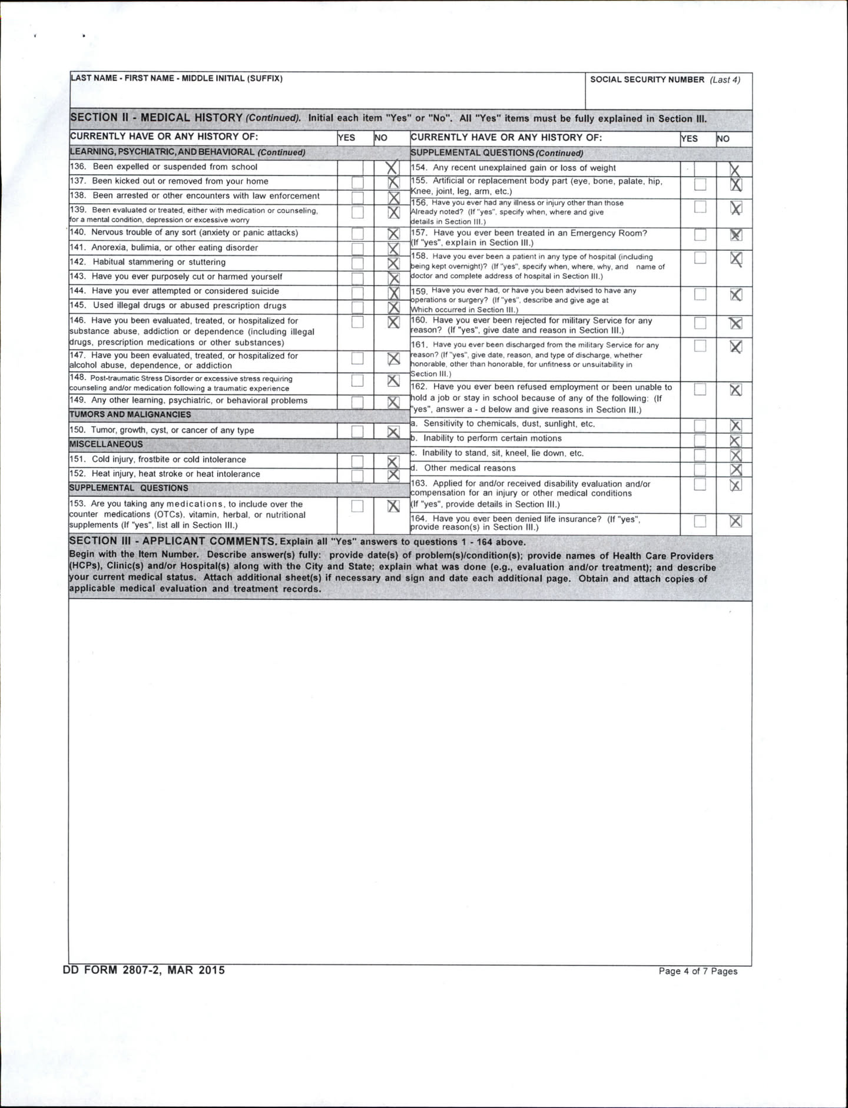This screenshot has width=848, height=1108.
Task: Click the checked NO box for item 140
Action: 393,234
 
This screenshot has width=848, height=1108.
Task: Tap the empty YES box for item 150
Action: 357,432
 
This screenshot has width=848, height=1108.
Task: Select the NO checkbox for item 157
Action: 736,235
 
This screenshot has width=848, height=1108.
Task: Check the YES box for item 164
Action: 700,521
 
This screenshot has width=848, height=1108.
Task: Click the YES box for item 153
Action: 357,506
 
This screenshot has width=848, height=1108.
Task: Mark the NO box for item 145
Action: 393,307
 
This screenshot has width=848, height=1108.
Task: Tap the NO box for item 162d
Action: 736,469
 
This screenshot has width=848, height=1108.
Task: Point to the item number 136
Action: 78,167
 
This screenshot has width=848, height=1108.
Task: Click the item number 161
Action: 419,345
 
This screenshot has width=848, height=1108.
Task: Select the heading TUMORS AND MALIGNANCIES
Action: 130,414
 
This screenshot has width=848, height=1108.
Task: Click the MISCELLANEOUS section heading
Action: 106,444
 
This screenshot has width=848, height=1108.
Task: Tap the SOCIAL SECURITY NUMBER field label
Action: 647,79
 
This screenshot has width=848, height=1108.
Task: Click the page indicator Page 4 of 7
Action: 698,971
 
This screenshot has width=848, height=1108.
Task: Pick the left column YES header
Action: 346,138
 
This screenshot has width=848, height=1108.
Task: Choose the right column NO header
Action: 723,139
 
